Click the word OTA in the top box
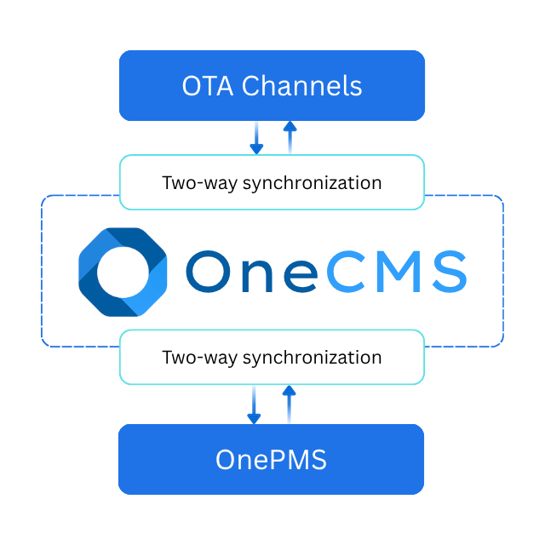click(208, 86)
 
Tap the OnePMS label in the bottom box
click(271, 460)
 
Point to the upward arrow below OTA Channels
click(290, 136)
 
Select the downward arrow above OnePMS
click(254, 404)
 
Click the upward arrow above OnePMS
click(289, 404)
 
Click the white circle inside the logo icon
click(123, 272)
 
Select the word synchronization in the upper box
click(312, 183)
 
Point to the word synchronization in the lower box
click(312, 357)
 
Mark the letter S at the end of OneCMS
click(446, 272)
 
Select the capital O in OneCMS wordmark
click(207, 272)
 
